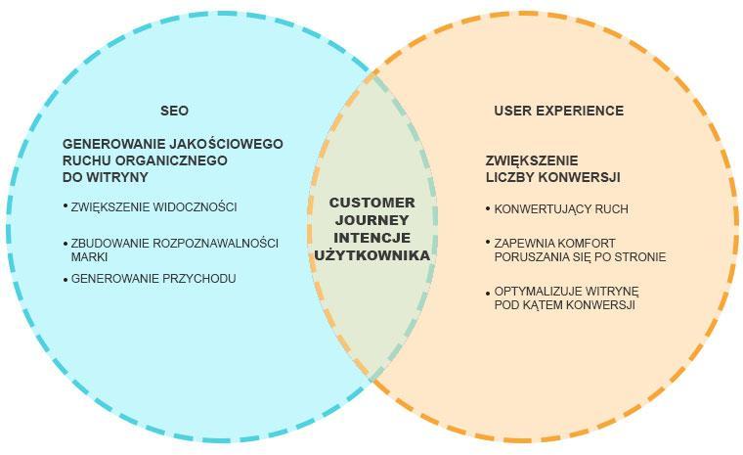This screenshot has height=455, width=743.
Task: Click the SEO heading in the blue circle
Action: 174,111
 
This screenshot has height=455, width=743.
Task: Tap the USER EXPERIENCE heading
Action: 558,111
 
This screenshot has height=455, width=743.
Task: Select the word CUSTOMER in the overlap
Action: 371,203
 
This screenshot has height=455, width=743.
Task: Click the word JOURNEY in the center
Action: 371,220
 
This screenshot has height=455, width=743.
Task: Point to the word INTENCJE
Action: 371,238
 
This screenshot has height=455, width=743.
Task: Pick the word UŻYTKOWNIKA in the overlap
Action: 371,255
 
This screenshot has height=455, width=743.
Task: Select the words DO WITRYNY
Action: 106,177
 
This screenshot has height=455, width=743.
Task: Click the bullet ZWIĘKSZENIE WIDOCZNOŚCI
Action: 153,207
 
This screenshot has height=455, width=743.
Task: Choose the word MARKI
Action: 89,257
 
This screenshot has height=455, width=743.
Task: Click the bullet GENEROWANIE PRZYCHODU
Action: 153,279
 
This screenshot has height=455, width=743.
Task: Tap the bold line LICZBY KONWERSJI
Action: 552,177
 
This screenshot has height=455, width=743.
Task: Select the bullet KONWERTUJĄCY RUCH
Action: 561,209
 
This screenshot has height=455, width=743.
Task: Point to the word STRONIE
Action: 639,257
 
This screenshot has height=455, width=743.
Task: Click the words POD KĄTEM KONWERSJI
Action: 565,305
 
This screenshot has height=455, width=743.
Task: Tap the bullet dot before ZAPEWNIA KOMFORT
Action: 488,242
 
